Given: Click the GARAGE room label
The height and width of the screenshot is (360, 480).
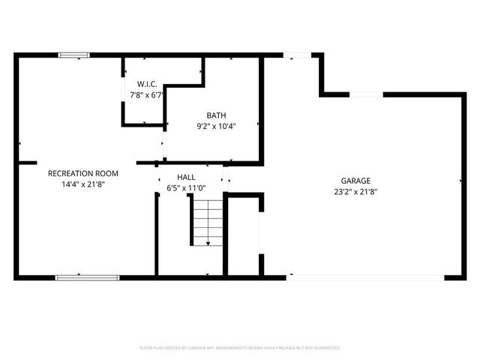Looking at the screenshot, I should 356,181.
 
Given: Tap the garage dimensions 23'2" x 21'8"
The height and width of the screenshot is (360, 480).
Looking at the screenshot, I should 356,191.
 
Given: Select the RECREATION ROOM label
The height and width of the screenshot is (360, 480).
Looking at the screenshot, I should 83,173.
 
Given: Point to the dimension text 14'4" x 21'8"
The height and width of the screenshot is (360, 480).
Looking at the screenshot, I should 83,184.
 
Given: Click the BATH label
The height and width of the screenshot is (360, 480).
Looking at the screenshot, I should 217,115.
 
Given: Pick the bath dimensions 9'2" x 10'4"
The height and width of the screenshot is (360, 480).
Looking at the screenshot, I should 217,126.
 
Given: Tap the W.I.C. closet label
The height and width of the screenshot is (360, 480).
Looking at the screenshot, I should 146,84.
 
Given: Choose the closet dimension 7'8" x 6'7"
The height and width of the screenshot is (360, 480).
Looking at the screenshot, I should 146,95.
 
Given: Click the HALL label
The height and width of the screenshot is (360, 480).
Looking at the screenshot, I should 187,177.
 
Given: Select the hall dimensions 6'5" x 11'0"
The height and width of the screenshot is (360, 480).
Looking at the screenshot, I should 187,187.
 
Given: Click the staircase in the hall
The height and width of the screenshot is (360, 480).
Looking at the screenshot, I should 207,220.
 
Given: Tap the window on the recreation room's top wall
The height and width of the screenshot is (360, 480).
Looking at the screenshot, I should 74,54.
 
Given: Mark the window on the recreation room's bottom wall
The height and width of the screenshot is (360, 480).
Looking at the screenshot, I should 87,277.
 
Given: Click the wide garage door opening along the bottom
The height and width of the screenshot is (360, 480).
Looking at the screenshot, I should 366,277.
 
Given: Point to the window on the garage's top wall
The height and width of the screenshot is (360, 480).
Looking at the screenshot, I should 366,94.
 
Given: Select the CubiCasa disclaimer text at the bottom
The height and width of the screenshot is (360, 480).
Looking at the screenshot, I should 240,348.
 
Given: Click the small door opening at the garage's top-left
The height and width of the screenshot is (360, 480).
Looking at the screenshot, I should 297,54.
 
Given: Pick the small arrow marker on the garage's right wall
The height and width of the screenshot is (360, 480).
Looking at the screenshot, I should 460,181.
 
